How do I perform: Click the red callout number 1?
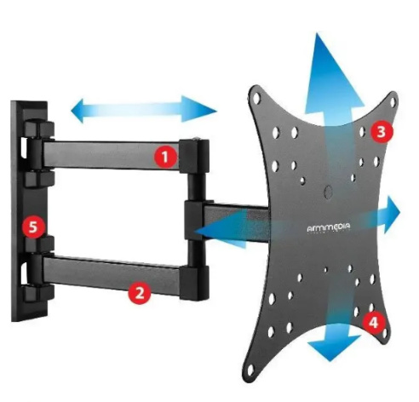165,158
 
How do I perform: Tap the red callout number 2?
140,293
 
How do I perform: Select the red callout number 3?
382,132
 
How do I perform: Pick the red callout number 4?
373,323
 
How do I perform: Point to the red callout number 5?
33,227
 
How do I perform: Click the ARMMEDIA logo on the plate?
329,228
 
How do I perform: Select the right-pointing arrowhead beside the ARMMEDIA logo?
392,214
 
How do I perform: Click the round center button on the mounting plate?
329,192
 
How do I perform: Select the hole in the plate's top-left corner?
257,98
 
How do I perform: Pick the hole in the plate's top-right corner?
393,102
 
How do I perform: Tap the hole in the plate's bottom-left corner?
250,369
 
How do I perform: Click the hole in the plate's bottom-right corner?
385,334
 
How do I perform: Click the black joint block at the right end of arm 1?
195,155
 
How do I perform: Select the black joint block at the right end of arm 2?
194,283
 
